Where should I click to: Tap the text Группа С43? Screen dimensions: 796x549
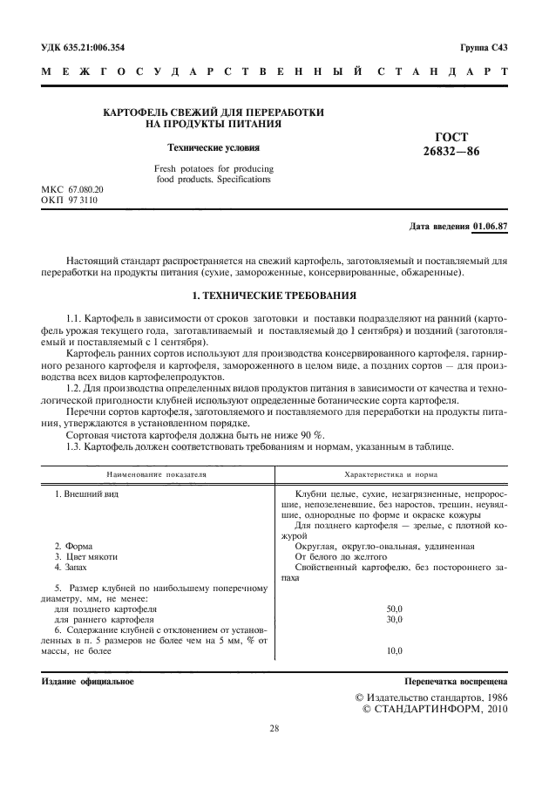[x=483, y=46]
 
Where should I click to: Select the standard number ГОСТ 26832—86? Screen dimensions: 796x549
[x=444, y=144]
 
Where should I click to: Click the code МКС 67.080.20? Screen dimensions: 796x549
[x=73, y=189]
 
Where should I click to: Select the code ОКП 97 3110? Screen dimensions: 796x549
[x=70, y=200]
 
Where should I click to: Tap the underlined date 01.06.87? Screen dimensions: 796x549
[x=489, y=228]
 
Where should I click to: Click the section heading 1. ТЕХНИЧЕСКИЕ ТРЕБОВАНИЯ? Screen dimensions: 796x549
[x=273, y=296]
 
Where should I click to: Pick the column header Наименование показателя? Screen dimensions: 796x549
[x=157, y=476]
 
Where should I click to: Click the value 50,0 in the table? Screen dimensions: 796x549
[x=394, y=609]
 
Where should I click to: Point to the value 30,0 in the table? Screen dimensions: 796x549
[x=394, y=619]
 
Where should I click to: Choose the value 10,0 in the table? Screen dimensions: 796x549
[x=394, y=650]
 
